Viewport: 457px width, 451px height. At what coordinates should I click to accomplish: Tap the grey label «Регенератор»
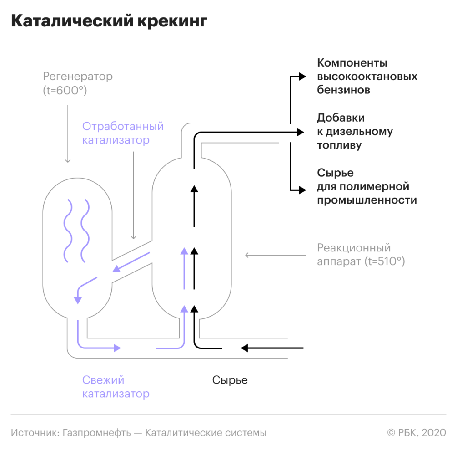(x=77, y=76)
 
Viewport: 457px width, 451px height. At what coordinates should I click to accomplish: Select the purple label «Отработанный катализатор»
(x=122, y=133)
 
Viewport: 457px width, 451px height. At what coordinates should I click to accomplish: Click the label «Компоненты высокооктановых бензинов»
(x=367, y=76)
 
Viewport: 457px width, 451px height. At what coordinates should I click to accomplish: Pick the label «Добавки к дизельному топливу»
(x=355, y=132)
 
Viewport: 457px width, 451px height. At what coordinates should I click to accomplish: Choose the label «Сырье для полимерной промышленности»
(x=367, y=186)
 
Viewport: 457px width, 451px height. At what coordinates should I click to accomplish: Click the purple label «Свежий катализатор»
(x=116, y=387)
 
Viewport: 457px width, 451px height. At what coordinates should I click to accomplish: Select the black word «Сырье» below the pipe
(x=230, y=380)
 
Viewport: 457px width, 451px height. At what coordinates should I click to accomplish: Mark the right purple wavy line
(x=84, y=230)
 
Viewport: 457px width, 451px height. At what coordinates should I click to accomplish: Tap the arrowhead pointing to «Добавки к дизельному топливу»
(x=300, y=132)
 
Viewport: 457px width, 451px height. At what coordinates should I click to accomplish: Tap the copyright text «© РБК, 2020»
(x=417, y=432)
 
